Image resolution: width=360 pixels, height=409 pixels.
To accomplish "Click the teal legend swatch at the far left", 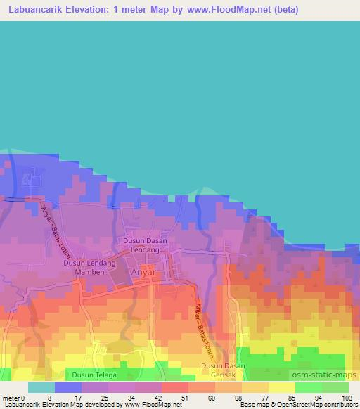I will [x=41, y=387].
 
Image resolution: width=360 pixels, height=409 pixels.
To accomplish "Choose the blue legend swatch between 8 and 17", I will [x=67, y=387].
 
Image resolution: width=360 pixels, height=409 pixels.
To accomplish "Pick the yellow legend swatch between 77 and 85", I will [x=281, y=387].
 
